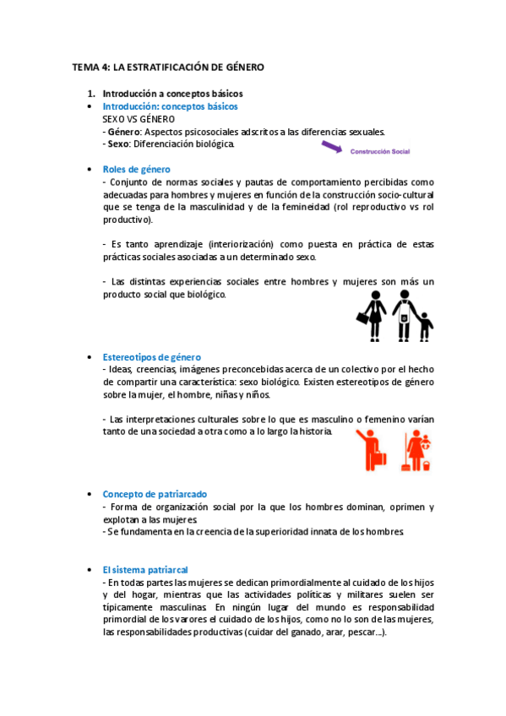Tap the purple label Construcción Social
(x=378, y=152)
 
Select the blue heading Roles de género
(x=136, y=169)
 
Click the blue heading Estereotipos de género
(x=151, y=357)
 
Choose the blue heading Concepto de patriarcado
(x=155, y=494)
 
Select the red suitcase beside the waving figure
(x=378, y=459)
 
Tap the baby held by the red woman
(x=426, y=442)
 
